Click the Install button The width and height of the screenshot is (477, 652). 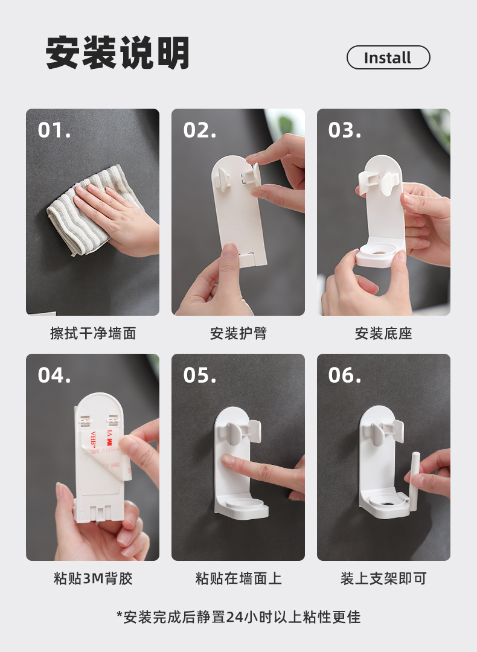point(388,57)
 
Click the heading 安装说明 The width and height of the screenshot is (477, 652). point(117,53)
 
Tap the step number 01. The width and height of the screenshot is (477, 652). point(54,130)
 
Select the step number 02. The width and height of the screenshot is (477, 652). point(200,130)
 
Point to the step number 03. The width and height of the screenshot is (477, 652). point(344,130)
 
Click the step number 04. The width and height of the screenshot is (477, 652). point(54,375)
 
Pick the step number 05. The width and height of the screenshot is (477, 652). point(200,375)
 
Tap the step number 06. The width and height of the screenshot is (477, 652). point(344,375)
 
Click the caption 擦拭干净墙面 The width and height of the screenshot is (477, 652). point(93,333)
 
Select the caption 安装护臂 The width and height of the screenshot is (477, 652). point(238,333)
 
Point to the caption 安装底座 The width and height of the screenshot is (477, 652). point(383,333)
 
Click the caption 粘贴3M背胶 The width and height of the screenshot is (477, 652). point(93,578)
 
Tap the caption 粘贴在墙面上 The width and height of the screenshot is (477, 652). point(238,578)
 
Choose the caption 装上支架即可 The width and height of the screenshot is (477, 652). point(383,578)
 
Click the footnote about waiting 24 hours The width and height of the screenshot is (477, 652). point(238,616)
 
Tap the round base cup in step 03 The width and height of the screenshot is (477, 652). point(379,254)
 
